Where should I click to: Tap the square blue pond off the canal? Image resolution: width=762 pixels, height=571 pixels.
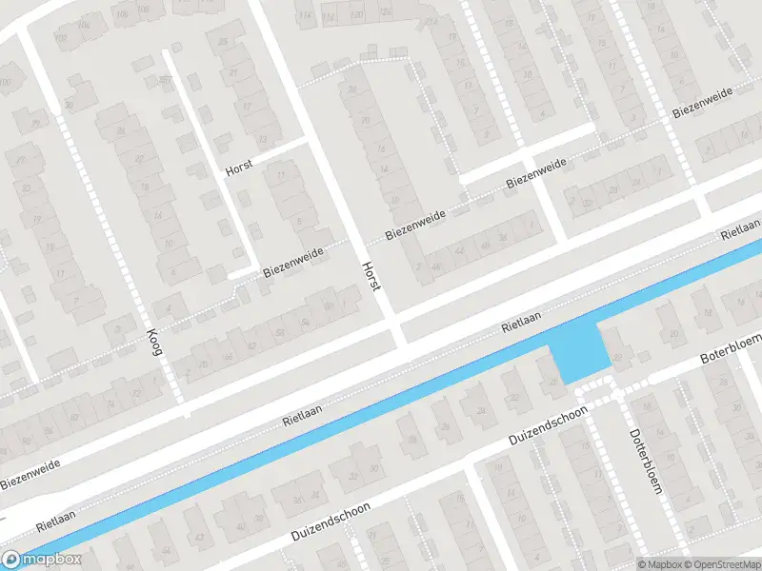pos(580,351)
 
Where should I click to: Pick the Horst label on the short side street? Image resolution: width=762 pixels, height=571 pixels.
pos(238,168)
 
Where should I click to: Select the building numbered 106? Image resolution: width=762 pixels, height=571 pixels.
pos(61,38)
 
